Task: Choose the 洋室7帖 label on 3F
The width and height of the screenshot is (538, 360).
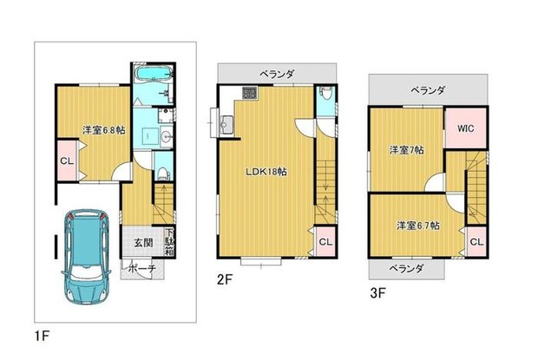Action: tap(406, 150)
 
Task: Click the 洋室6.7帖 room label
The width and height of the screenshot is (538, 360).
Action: tap(417, 226)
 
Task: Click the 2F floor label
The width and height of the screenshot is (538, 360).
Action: tap(225, 280)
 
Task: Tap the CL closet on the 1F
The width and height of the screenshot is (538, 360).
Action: tap(67, 162)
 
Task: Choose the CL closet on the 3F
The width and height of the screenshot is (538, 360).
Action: tap(476, 239)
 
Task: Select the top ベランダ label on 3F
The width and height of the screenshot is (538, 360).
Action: tap(427, 90)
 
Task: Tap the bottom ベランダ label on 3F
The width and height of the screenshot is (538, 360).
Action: tap(405, 270)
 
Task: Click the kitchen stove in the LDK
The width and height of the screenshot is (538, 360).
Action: tap(247, 93)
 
